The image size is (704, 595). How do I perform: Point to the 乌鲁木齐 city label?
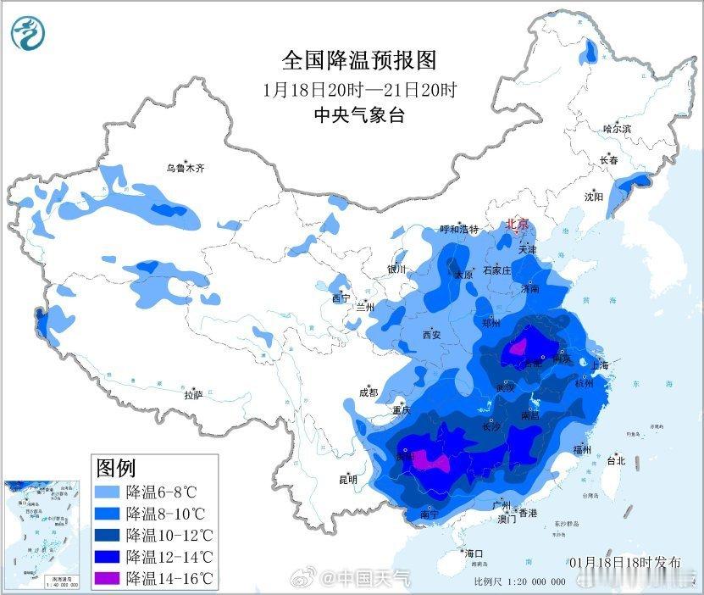click(185, 168)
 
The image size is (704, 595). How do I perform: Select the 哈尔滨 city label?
click(617, 129)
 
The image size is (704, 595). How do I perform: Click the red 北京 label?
click(517, 225)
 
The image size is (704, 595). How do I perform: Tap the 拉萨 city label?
click(193, 395)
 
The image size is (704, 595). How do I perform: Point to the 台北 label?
click(616, 461)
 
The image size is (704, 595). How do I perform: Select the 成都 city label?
click(368, 392)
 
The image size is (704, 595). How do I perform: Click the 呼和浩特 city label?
click(459, 230)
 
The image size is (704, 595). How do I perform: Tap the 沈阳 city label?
click(593, 197)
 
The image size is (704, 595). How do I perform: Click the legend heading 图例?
click(116, 467)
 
